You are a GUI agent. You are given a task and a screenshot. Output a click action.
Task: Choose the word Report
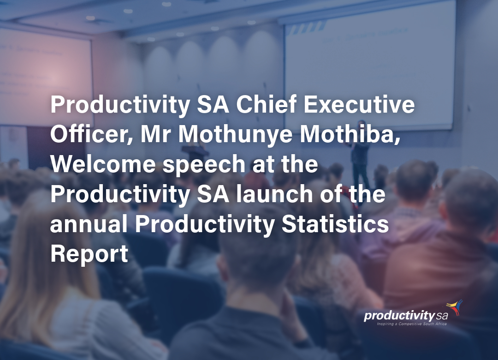[89, 254]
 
